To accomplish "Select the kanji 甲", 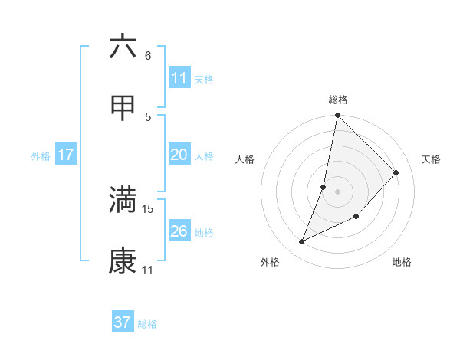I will [123, 108].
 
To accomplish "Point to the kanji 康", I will [123, 262].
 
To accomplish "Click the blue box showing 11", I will [179, 78].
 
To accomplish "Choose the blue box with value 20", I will [179, 155].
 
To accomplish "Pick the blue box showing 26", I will [179, 231].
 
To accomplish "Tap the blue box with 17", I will [66, 155].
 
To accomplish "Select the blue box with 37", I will [123, 322].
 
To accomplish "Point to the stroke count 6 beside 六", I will [148, 55].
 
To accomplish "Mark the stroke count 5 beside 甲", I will [148, 116].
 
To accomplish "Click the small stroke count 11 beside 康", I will [148, 270].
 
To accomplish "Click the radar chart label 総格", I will [338, 100].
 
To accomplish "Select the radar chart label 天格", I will [431, 159].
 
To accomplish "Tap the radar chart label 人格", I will [245, 159].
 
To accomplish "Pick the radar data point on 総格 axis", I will [337, 116].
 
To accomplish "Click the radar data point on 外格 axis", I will [302, 242].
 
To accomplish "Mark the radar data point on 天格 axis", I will [396, 173].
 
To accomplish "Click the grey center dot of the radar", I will [337, 191].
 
